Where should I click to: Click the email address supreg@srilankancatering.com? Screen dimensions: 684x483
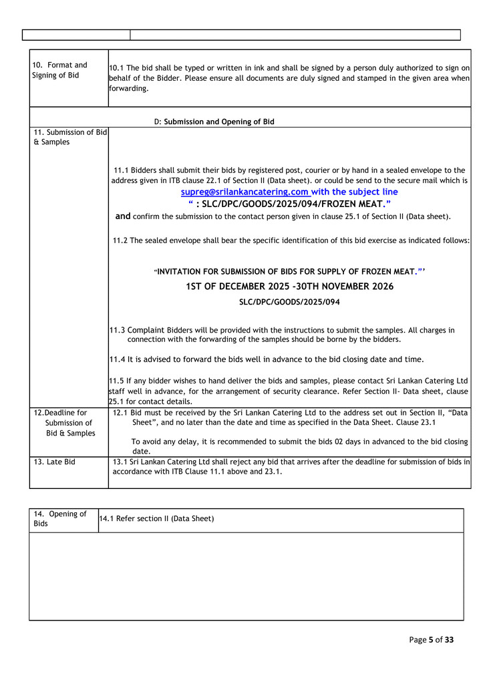[x=245, y=192]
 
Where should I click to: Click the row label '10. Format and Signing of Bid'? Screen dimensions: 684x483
[x=59, y=70]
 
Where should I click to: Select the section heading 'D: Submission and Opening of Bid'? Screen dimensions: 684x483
[x=214, y=122]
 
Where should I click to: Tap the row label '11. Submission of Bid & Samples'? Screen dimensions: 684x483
[x=70, y=137]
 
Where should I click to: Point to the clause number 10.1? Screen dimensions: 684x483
[x=116, y=68]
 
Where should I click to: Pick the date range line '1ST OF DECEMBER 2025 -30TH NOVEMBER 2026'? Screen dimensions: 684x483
[x=289, y=287]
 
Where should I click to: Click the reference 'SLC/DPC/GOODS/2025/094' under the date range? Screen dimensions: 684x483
[x=289, y=302]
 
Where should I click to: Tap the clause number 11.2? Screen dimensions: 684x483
[x=120, y=240]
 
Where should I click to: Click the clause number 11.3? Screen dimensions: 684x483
[x=117, y=330]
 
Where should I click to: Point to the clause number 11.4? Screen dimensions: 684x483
[x=117, y=359]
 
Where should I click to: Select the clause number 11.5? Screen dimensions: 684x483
[x=117, y=380]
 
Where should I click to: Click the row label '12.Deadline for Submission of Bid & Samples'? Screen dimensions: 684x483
[x=65, y=423]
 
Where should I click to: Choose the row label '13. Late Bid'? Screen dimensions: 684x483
[x=54, y=462]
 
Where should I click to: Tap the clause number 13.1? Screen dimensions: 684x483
[x=120, y=462]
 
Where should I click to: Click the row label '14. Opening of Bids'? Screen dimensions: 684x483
[x=60, y=518]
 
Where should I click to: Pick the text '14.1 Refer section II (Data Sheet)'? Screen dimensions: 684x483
[x=156, y=519]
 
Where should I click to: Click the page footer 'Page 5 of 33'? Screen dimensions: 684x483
[x=431, y=640]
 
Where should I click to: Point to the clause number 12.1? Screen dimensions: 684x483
[x=121, y=413]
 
